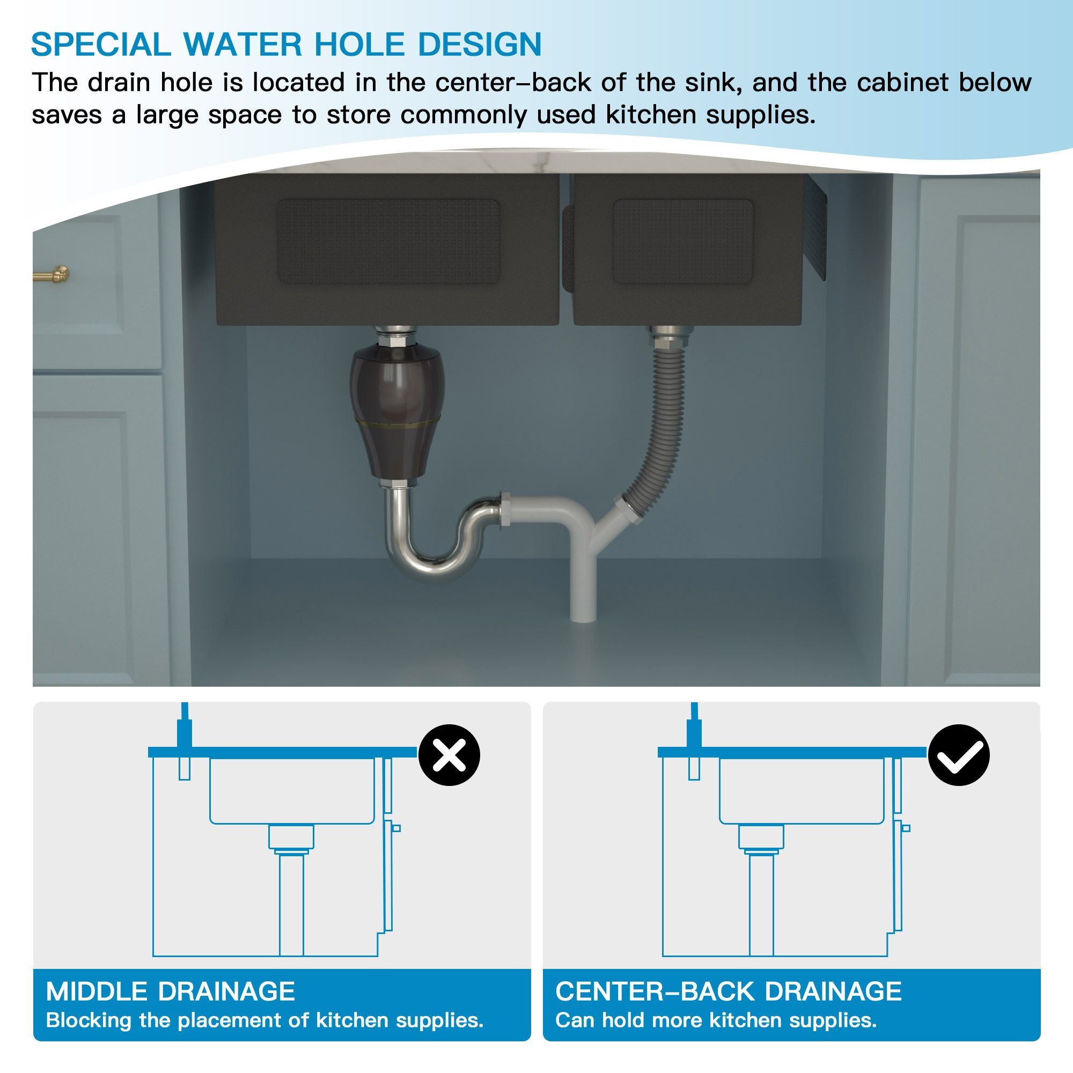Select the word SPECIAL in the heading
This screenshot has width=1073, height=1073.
point(100,45)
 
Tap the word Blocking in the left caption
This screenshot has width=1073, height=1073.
point(89,1020)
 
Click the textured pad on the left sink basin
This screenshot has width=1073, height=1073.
point(388,242)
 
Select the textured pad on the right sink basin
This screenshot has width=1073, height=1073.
point(683,242)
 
